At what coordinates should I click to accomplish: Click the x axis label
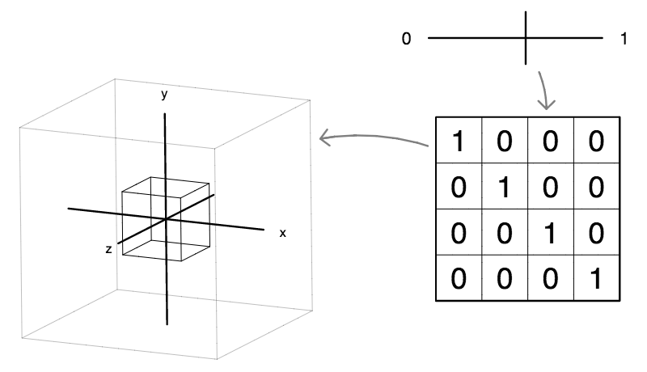click(282, 233)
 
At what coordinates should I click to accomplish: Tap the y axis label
click(164, 95)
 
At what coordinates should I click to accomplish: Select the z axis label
click(108, 250)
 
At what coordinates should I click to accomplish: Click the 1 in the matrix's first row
click(459, 142)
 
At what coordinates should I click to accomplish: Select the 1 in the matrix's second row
click(505, 188)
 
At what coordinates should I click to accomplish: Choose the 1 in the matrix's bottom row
click(596, 278)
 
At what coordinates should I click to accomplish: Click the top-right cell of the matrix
click(596, 142)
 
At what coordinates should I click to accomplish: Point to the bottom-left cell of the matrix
click(459, 278)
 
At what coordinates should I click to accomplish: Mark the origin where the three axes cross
click(166, 219)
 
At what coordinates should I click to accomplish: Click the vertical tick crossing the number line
click(526, 38)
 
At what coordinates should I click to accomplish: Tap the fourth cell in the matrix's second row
click(596, 188)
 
